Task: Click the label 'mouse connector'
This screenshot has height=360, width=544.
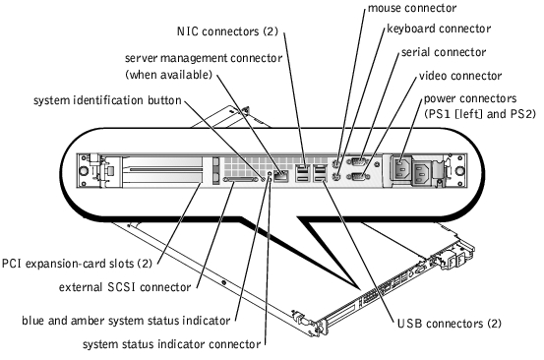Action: pyautogui.click(x=412, y=8)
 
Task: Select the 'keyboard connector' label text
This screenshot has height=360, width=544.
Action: pyautogui.click(x=439, y=29)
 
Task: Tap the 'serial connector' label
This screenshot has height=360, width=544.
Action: pyautogui.click(x=444, y=52)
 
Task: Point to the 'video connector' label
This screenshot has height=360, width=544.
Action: pyautogui.click(x=460, y=76)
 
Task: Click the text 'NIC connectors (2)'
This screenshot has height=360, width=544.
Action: pyautogui.click(x=227, y=31)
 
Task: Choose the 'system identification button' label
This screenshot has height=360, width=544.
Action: pyautogui.click(x=107, y=100)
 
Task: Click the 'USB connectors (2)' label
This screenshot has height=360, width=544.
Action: pyautogui.click(x=450, y=324)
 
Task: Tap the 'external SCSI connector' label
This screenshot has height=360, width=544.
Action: pyautogui.click(x=125, y=287)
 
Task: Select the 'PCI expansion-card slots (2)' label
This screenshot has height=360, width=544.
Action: pyautogui.click(x=77, y=264)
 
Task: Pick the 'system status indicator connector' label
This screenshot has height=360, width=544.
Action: pyautogui.click(x=172, y=344)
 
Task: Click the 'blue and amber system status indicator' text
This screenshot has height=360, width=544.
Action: pyautogui.click(x=126, y=321)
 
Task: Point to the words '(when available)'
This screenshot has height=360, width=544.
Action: pyautogui.click(x=168, y=75)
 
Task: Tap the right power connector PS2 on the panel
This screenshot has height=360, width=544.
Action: pyautogui.click(x=421, y=172)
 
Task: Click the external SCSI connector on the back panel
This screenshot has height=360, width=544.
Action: pyautogui.click(x=243, y=180)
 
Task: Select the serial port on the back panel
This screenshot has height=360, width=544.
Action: pyautogui.click(x=358, y=161)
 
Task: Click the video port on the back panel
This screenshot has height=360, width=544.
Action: pyautogui.click(x=358, y=176)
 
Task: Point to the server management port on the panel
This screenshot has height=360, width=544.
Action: pyautogui.click(x=280, y=176)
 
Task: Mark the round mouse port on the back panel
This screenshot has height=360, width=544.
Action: pyautogui.click(x=335, y=162)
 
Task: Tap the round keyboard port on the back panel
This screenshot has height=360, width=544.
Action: pyautogui.click(x=335, y=177)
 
